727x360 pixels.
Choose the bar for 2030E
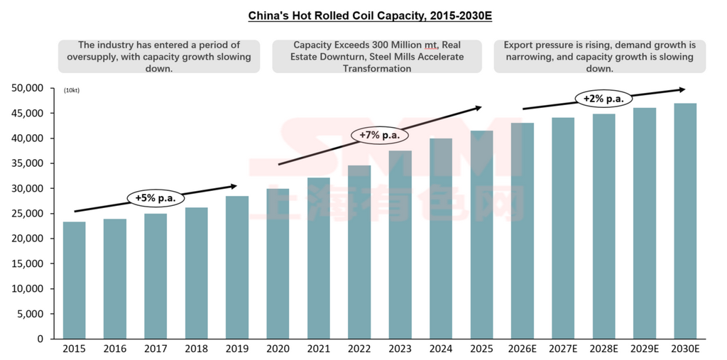pos(685,221)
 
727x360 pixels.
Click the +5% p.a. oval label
pos(155,197)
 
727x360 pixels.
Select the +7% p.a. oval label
pos(379,135)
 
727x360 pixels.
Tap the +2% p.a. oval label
pos(603,99)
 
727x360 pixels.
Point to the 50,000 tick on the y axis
pos(29,88)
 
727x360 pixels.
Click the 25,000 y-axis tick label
pos(29,214)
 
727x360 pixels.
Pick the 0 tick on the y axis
pos(40,339)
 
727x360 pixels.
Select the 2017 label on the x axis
pos(155,349)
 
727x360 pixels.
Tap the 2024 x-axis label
pos(441,349)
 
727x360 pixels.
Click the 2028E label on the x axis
pos(604,349)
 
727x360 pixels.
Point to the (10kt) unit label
pos(72,91)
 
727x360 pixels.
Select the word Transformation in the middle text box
pos(376,69)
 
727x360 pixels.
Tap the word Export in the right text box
pos(519,45)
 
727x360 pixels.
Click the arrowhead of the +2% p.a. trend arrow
pos(683,89)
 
